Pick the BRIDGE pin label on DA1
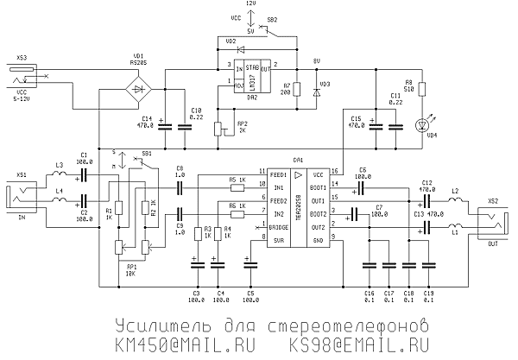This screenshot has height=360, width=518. pyautogui.click(x=278, y=227)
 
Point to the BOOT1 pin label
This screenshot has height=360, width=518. pyautogui.click(x=319, y=186)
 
